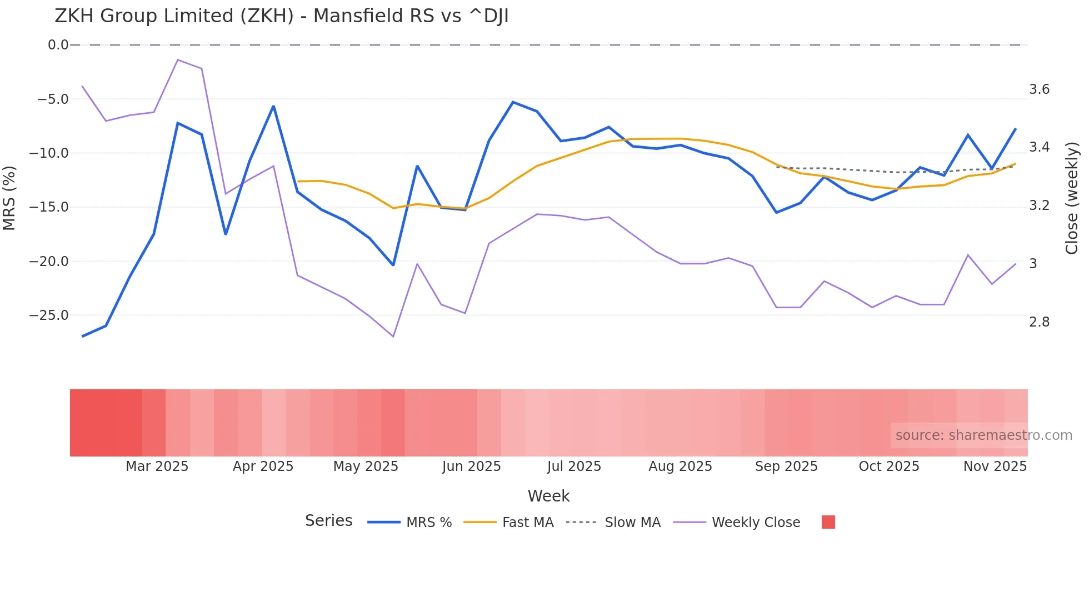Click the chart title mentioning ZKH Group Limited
[281, 16]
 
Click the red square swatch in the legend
[828, 522]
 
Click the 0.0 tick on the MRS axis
[58, 45]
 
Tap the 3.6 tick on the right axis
[1039, 89]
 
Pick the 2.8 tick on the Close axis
[1039, 322]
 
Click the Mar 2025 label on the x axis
[157, 466]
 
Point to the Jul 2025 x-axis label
[574, 466]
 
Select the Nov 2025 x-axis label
[995, 466]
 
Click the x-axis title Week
[548, 496]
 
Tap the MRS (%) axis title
[9, 198]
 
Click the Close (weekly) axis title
[1072, 198]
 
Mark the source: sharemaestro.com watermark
[983, 435]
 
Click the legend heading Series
[328, 521]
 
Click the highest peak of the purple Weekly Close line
[178, 59]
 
